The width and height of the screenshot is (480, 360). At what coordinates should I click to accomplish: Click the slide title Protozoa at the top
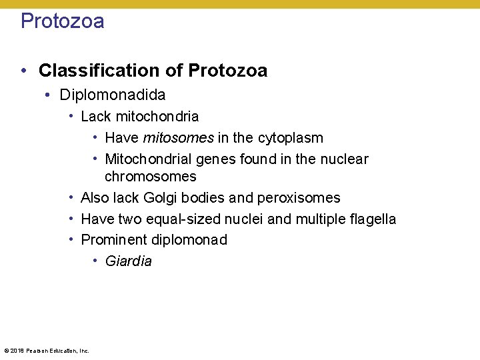point(62,21)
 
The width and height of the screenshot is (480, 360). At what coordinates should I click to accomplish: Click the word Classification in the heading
point(111,71)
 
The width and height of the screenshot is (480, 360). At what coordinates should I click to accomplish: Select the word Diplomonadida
point(112,95)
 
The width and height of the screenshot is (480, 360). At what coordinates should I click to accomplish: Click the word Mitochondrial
point(148,159)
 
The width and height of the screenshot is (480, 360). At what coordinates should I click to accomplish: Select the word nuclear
point(344,159)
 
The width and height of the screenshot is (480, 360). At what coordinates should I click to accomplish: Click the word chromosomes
point(150,177)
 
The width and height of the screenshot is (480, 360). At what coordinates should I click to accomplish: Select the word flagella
point(371,219)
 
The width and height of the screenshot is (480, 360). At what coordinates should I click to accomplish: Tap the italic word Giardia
point(128,261)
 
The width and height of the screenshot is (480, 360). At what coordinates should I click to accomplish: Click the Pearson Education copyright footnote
point(46,350)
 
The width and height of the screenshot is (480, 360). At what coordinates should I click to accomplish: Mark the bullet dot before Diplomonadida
point(49,95)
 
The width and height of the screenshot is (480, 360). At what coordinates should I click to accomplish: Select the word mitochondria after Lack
point(157,117)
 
